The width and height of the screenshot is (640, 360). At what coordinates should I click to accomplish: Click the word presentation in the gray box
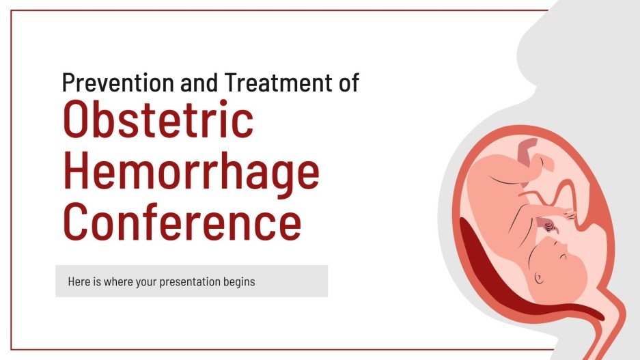pyautogui.click(x=186, y=281)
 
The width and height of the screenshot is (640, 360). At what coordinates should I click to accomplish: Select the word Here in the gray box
pyautogui.click(x=78, y=281)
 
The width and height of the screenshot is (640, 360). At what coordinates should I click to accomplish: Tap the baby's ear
pyautogui.click(x=539, y=277)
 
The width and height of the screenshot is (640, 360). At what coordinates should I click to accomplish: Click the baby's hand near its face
pyautogui.click(x=550, y=225)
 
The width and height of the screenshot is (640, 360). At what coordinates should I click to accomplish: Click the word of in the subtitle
pyautogui.click(x=348, y=83)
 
